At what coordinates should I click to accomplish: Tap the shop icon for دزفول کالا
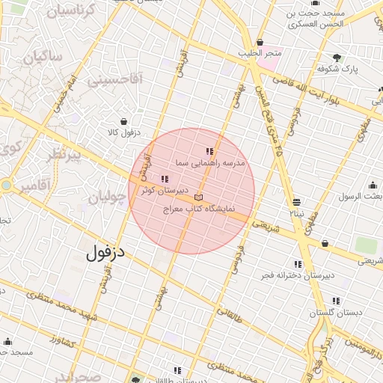(123, 121)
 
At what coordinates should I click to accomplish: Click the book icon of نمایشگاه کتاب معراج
(197, 197)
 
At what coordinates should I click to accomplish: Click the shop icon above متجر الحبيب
(260, 42)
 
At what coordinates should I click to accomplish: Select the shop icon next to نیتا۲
(297, 202)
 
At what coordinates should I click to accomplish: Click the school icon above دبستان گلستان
(336, 301)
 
